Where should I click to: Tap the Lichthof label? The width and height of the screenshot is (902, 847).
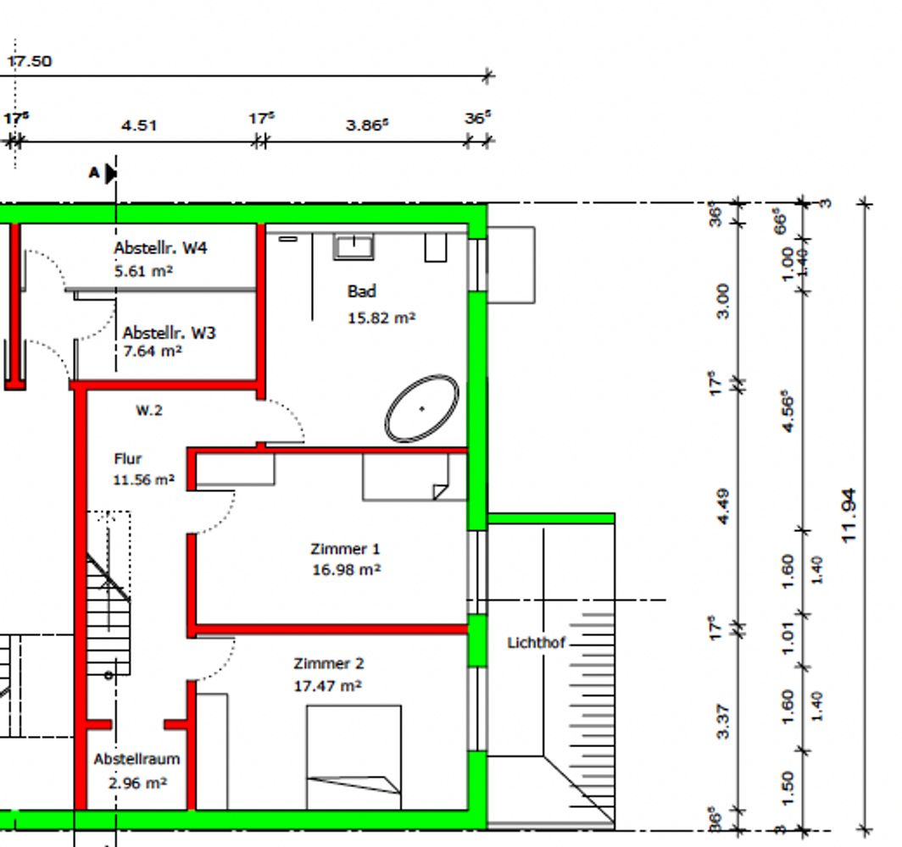tap(536, 642)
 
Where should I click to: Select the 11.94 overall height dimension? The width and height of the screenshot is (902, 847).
tap(849, 516)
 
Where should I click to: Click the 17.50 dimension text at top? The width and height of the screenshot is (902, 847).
tap(30, 61)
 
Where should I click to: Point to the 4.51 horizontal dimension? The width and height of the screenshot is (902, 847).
tap(139, 125)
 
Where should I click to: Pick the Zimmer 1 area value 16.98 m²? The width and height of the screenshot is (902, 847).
tap(346, 569)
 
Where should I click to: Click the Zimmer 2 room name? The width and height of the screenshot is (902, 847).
tap(328, 663)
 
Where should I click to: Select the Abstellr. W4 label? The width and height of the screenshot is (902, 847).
tap(160, 247)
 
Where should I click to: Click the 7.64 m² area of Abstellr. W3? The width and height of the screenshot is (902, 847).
tap(153, 351)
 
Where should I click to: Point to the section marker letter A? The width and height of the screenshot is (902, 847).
tap(94, 173)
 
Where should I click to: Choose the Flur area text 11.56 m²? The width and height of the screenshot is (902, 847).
tap(144, 479)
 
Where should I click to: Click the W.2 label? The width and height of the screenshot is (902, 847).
tap(149, 410)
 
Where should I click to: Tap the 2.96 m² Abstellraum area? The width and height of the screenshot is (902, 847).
tap(137, 783)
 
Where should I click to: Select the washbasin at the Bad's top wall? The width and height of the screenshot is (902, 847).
tap(354, 246)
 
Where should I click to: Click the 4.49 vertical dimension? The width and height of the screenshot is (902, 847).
tap(724, 506)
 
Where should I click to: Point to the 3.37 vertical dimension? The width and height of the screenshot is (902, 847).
tap(724, 721)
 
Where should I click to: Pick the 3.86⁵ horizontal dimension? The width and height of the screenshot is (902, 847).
tap(367, 125)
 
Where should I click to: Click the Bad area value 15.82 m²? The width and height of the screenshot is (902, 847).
tap(381, 318)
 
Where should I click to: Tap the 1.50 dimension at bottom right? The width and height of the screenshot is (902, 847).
tap(788, 788)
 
